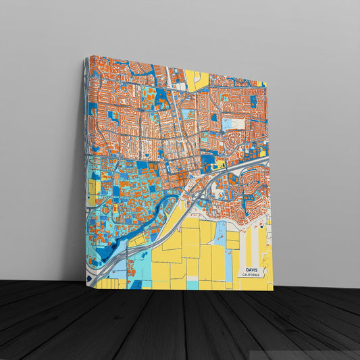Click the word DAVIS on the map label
pyautogui.click(x=252, y=269)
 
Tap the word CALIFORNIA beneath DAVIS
pyautogui.click(x=252, y=275)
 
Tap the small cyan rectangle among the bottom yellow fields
pyautogui.click(x=193, y=284)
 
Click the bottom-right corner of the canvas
pyautogui.click(x=272, y=291)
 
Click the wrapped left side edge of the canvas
pyautogui.click(x=85, y=169)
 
